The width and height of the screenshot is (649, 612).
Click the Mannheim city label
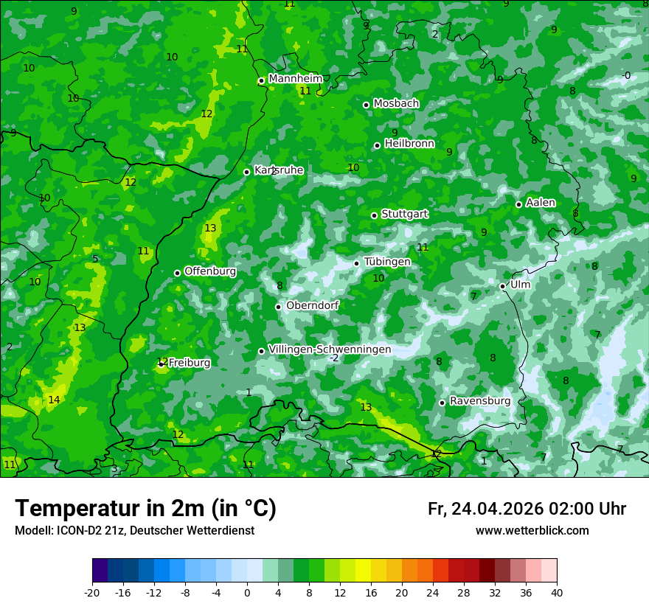tap(296, 78)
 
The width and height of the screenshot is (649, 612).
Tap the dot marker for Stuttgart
tap(374, 215)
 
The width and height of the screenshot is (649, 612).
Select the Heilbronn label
tap(409, 144)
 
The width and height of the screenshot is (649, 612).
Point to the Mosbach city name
tap(396, 104)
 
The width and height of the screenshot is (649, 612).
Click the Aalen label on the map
tap(541, 203)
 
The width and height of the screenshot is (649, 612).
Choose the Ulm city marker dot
tap(502, 286)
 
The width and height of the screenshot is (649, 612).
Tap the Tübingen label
tap(387, 262)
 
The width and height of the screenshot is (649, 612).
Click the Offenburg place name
tap(210, 271)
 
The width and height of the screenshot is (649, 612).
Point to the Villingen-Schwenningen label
tap(330, 350)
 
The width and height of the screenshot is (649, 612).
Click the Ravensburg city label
tap(480, 401)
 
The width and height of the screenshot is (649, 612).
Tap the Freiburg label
tap(190, 363)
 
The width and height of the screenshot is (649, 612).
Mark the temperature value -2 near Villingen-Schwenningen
tap(334, 358)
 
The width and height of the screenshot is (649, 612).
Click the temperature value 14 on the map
tap(54, 400)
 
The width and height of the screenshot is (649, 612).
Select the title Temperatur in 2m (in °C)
tap(146, 508)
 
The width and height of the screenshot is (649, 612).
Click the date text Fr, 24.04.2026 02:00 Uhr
tap(527, 509)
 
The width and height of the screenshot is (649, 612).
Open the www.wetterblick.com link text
tap(532, 531)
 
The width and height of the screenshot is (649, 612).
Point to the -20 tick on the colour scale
tap(92, 593)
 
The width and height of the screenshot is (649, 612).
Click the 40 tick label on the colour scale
tap(557, 593)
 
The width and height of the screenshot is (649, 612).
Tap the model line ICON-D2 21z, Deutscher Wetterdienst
tap(134, 531)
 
